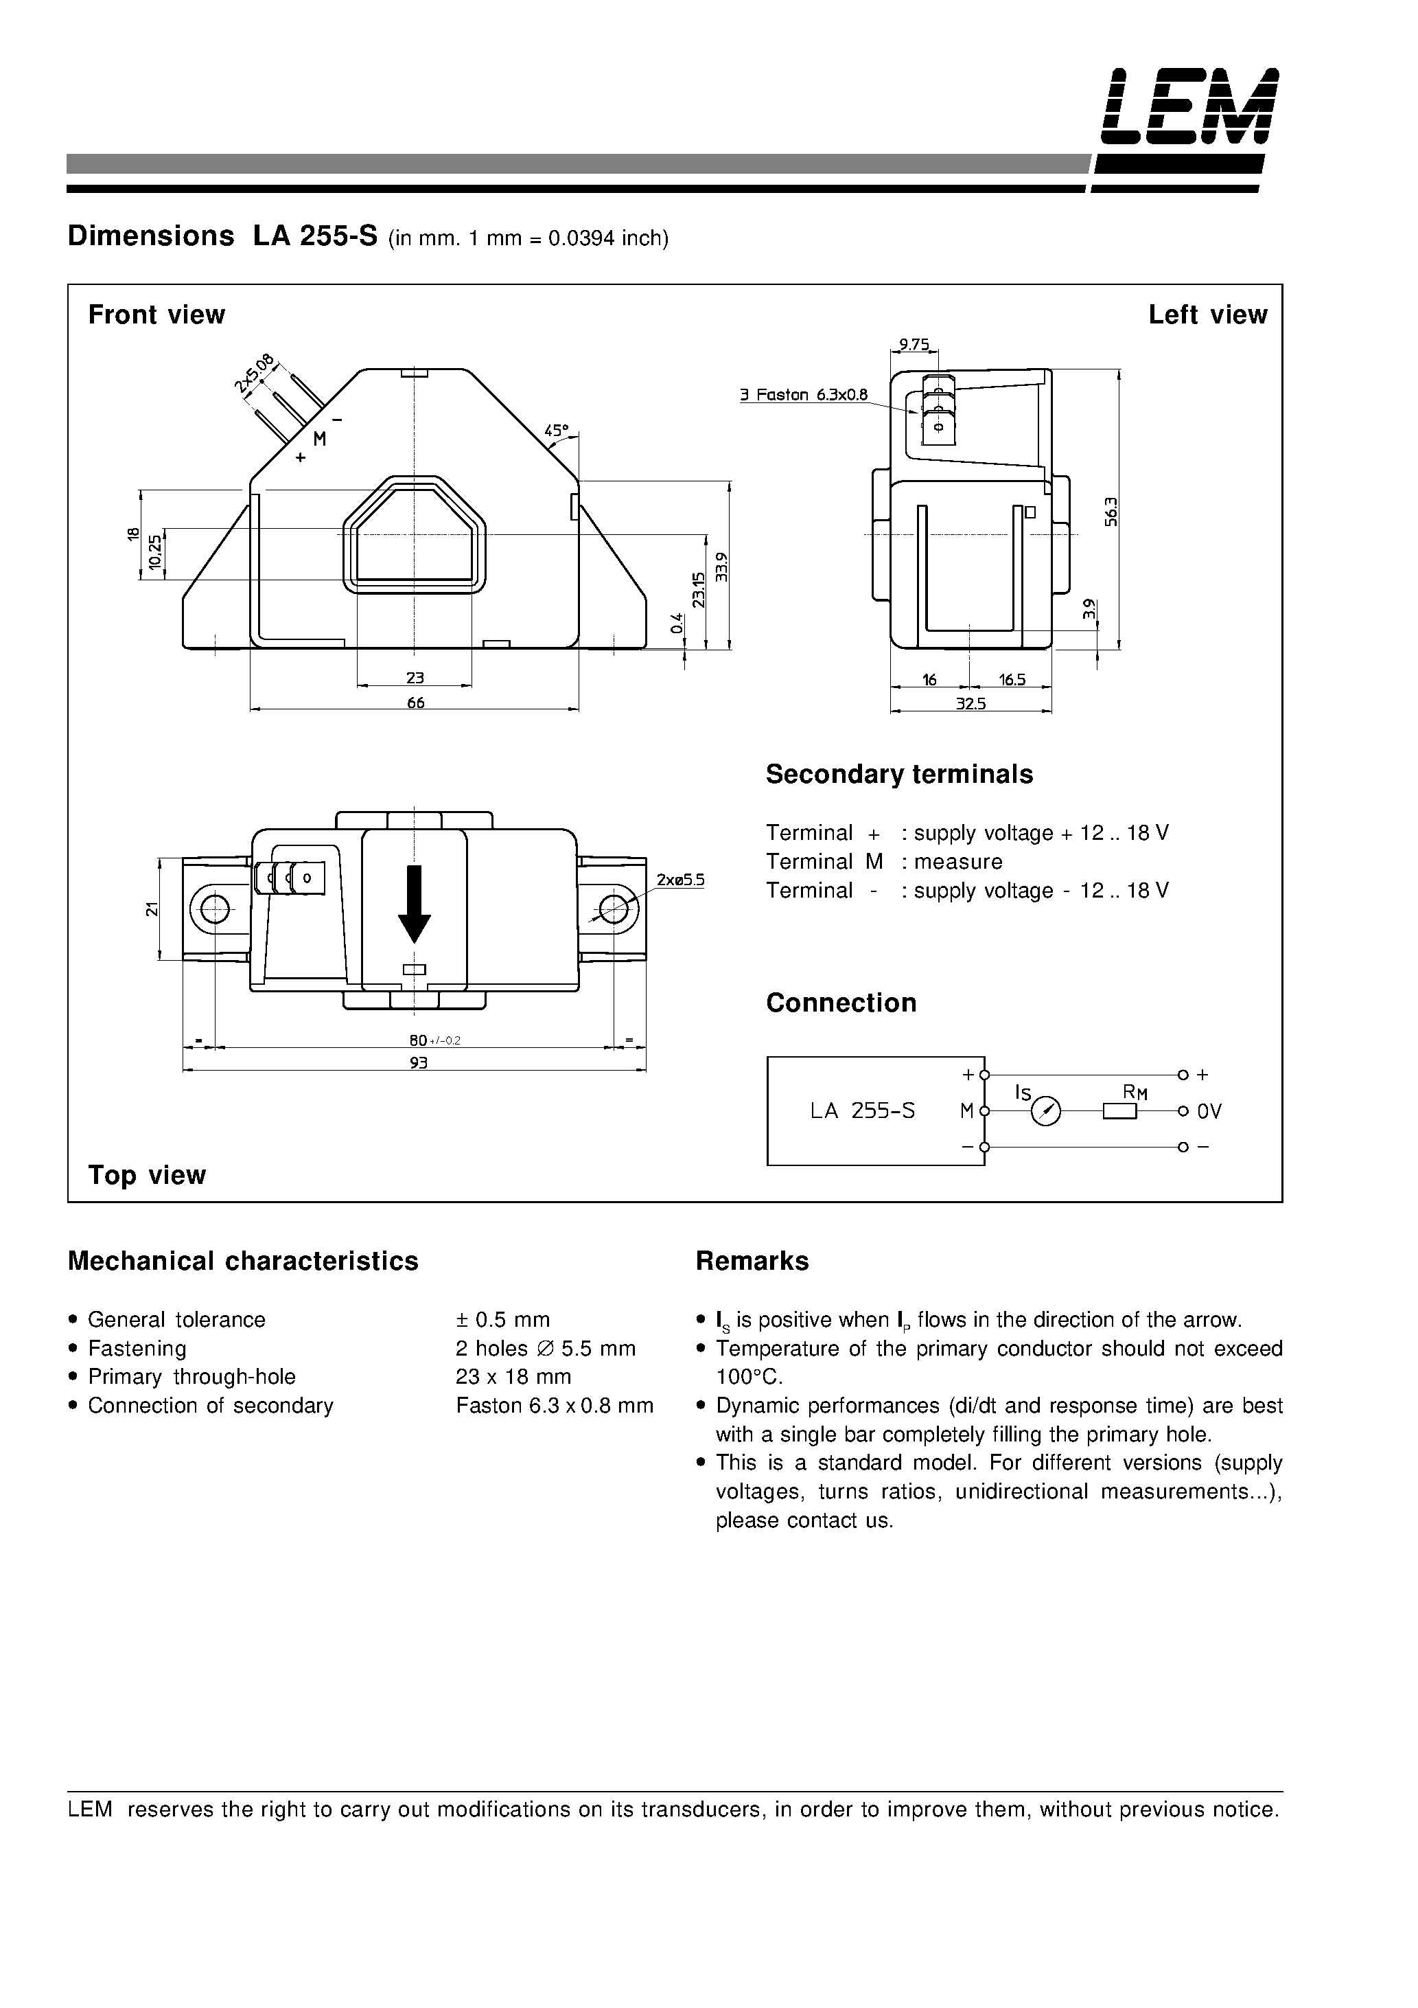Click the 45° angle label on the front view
[556, 431]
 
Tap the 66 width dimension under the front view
[415, 703]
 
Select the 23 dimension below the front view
[415, 678]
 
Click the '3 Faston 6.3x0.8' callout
[804, 394]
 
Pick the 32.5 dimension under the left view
[970, 703]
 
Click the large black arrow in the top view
[415, 904]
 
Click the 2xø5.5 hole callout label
[680, 880]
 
